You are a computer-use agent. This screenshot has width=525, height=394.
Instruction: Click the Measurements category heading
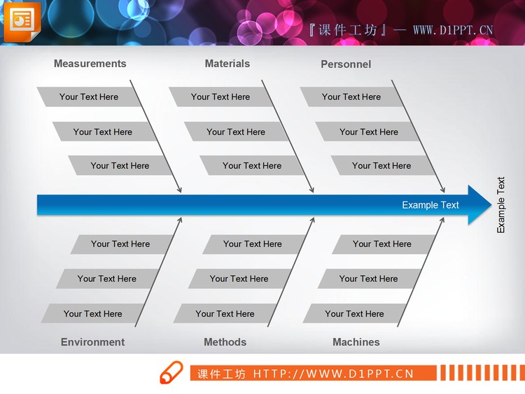pyautogui.click(x=90, y=64)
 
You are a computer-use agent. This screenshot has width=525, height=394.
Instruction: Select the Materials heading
pyautogui.click(x=227, y=64)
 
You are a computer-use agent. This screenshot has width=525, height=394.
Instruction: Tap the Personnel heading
pyautogui.click(x=346, y=64)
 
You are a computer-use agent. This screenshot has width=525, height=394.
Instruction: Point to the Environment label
pyautogui.click(x=92, y=342)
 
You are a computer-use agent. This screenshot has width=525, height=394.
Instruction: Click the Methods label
pyautogui.click(x=225, y=342)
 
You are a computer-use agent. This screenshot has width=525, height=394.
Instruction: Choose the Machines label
pyautogui.click(x=356, y=342)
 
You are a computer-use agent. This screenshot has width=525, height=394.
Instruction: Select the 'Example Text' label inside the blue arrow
pyautogui.click(x=430, y=205)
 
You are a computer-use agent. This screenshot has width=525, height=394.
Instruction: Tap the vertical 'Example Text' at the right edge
pyautogui.click(x=500, y=205)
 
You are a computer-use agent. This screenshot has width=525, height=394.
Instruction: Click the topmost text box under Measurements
pyautogui.click(x=88, y=97)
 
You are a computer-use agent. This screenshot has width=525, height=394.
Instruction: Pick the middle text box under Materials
pyautogui.click(x=236, y=132)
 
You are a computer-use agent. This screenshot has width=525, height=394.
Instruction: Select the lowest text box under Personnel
pyautogui.click(x=381, y=166)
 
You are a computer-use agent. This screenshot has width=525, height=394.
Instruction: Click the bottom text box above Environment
pyautogui.click(x=92, y=314)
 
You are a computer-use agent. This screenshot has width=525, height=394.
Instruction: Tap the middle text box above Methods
pyautogui.click(x=239, y=279)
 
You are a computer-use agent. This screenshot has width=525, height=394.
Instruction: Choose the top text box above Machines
pyautogui.click(x=382, y=244)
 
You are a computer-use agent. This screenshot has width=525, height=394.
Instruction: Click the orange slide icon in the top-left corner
pyautogui.click(x=22, y=22)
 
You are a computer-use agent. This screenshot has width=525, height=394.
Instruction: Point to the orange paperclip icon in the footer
pyautogui.click(x=171, y=372)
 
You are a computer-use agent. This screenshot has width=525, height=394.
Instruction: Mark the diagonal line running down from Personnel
pyautogui.click(x=418, y=136)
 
